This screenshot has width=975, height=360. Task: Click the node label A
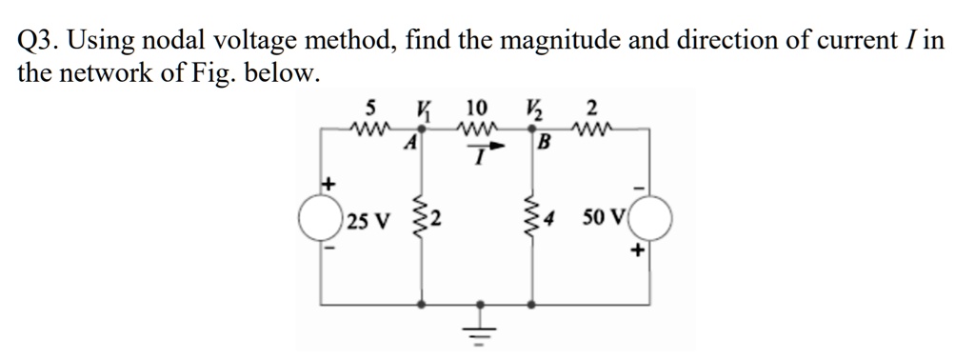(411, 145)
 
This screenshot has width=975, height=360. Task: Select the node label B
(545, 145)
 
